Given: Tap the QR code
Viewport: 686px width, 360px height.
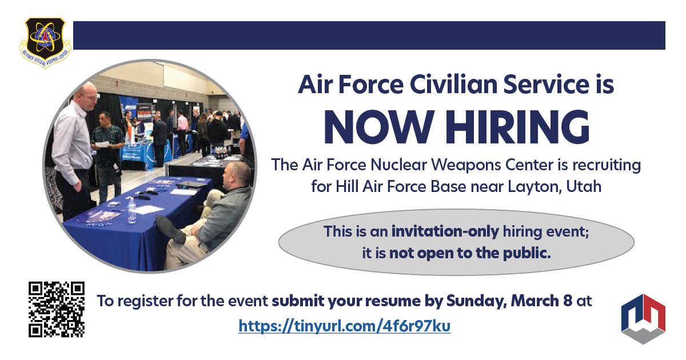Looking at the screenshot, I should [57, 309].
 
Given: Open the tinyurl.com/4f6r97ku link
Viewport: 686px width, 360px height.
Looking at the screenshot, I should [344, 326].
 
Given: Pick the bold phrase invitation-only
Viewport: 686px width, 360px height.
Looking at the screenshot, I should [445, 232].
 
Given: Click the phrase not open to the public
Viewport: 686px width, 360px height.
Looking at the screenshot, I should [470, 253].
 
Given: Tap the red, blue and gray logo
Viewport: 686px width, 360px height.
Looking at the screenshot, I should [643, 318].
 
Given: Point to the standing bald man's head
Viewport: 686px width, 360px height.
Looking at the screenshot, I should [87, 94].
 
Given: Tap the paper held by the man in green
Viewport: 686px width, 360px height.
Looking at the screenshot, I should [101, 144].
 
